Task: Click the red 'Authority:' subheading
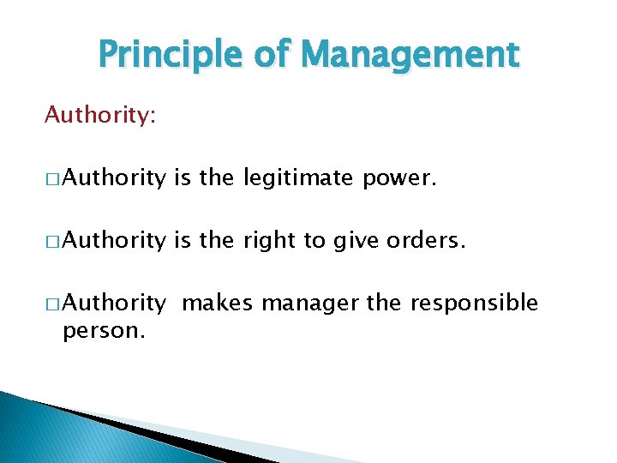pos(100,115)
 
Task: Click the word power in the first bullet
pos(403,178)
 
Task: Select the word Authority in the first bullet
pos(114,178)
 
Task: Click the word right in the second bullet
pos(268,241)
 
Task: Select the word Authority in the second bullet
pos(114,241)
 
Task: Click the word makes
pos(218,303)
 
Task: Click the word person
pos(104,330)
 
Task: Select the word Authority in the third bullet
pos(114,304)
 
